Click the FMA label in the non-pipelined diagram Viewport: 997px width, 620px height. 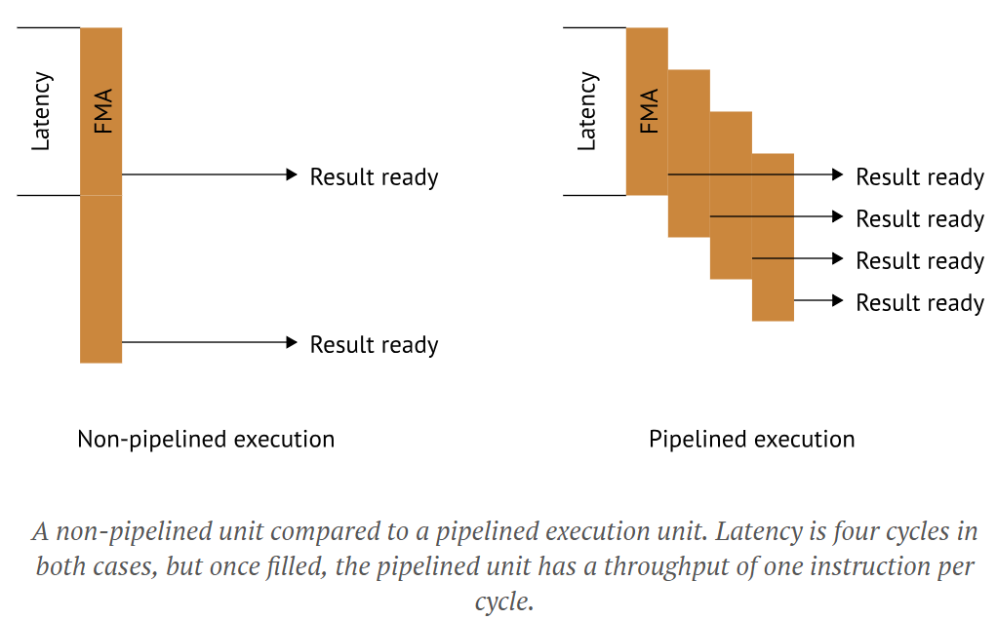click(x=102, y=111)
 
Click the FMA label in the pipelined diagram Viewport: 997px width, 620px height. click(x=648, y=111)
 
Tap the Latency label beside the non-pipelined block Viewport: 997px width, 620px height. click(x=41, y=111)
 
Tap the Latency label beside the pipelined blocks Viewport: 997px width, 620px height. click(x=586, y=111)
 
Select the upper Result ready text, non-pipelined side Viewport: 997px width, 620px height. click(x=374, y=177)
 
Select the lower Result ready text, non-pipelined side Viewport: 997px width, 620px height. click(x=374, y=345)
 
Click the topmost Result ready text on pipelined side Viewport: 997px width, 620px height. click(x=919, y=177)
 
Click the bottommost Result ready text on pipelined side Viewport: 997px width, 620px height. click(x=919, y=303)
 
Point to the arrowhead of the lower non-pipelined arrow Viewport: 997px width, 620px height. click(x=291, y=342)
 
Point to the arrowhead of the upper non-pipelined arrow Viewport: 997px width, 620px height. click(x=291, y=174)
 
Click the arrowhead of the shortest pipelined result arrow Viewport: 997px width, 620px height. click(x=837, y=300)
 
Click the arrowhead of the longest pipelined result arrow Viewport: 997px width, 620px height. click(x=837, y=174)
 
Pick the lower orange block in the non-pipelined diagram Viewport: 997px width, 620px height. click(x=101, y=279)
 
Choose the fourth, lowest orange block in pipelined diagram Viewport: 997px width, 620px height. click(x=773, y=237)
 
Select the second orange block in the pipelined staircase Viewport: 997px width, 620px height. click(x=689, y=153)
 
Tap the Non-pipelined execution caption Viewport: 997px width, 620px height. click(x=206, y=440)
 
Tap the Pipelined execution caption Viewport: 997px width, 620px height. click(x=751, y=440)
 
